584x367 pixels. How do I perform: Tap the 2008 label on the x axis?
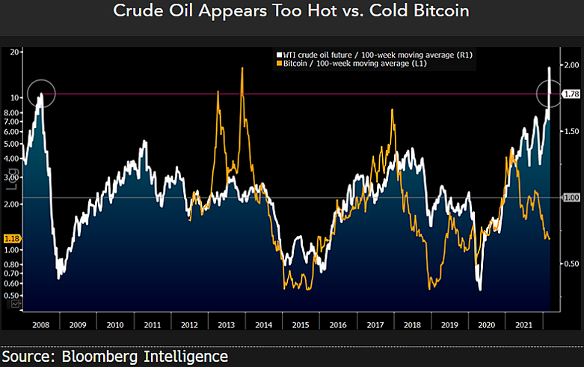(x=41, y=324)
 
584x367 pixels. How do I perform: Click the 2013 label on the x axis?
(x=226, y=324)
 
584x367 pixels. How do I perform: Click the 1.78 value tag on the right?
(x=571, y=94)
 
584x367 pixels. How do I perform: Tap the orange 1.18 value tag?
(x=12, y=238)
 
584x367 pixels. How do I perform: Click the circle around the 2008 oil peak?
(x=40, y=94)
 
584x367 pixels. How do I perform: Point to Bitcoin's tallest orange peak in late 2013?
(x=242, y=69)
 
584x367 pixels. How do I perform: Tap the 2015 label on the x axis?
(x=300, y=324)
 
